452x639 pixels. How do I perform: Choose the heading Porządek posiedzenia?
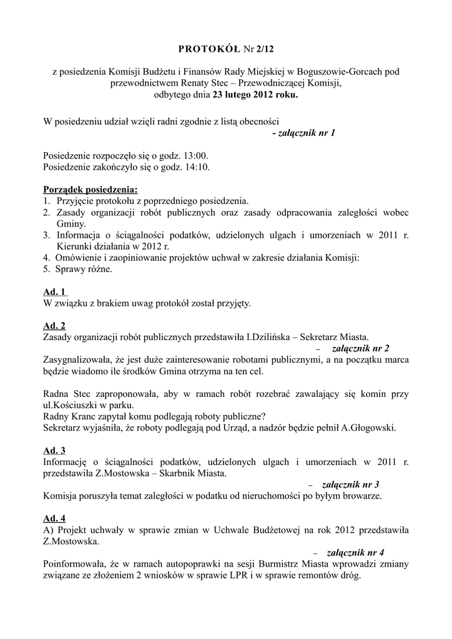pos(91,190)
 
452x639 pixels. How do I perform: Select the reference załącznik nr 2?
pos(361,348)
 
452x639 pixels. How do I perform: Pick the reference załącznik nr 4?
pos(355,552)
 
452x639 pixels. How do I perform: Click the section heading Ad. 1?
pos(56,292)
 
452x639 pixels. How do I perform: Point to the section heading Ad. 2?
pos(54,326)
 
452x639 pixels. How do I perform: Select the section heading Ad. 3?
pos(54,451)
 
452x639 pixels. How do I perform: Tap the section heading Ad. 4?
pos(54,519)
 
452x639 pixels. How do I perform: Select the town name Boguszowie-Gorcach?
pos(337,72)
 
